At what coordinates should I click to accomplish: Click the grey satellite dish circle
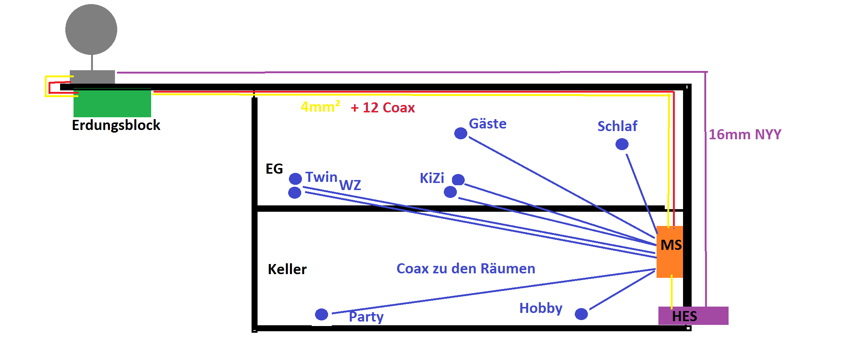[91, 30]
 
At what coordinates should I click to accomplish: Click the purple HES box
[693, 316]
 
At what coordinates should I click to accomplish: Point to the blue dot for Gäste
[461, 133]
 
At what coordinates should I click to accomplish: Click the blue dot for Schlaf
[622, 144]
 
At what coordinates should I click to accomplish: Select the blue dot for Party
[321, 314]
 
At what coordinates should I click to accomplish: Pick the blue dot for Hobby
[581, 314]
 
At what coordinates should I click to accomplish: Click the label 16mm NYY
[745, 134]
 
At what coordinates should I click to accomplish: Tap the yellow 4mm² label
[320, 107]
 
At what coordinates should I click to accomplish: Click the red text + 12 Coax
[383, 108]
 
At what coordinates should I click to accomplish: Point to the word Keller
[287, 269]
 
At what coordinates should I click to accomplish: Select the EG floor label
[274, 169]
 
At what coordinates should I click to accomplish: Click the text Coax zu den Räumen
[465, 269]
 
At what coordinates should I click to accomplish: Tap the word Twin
[321, 177]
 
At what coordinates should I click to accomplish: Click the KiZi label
[432, 178]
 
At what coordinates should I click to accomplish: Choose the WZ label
[350, 185]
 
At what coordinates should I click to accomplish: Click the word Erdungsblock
[116, 125]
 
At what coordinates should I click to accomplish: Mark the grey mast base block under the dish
[92, 77]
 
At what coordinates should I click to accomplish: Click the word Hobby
[540, 308]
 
